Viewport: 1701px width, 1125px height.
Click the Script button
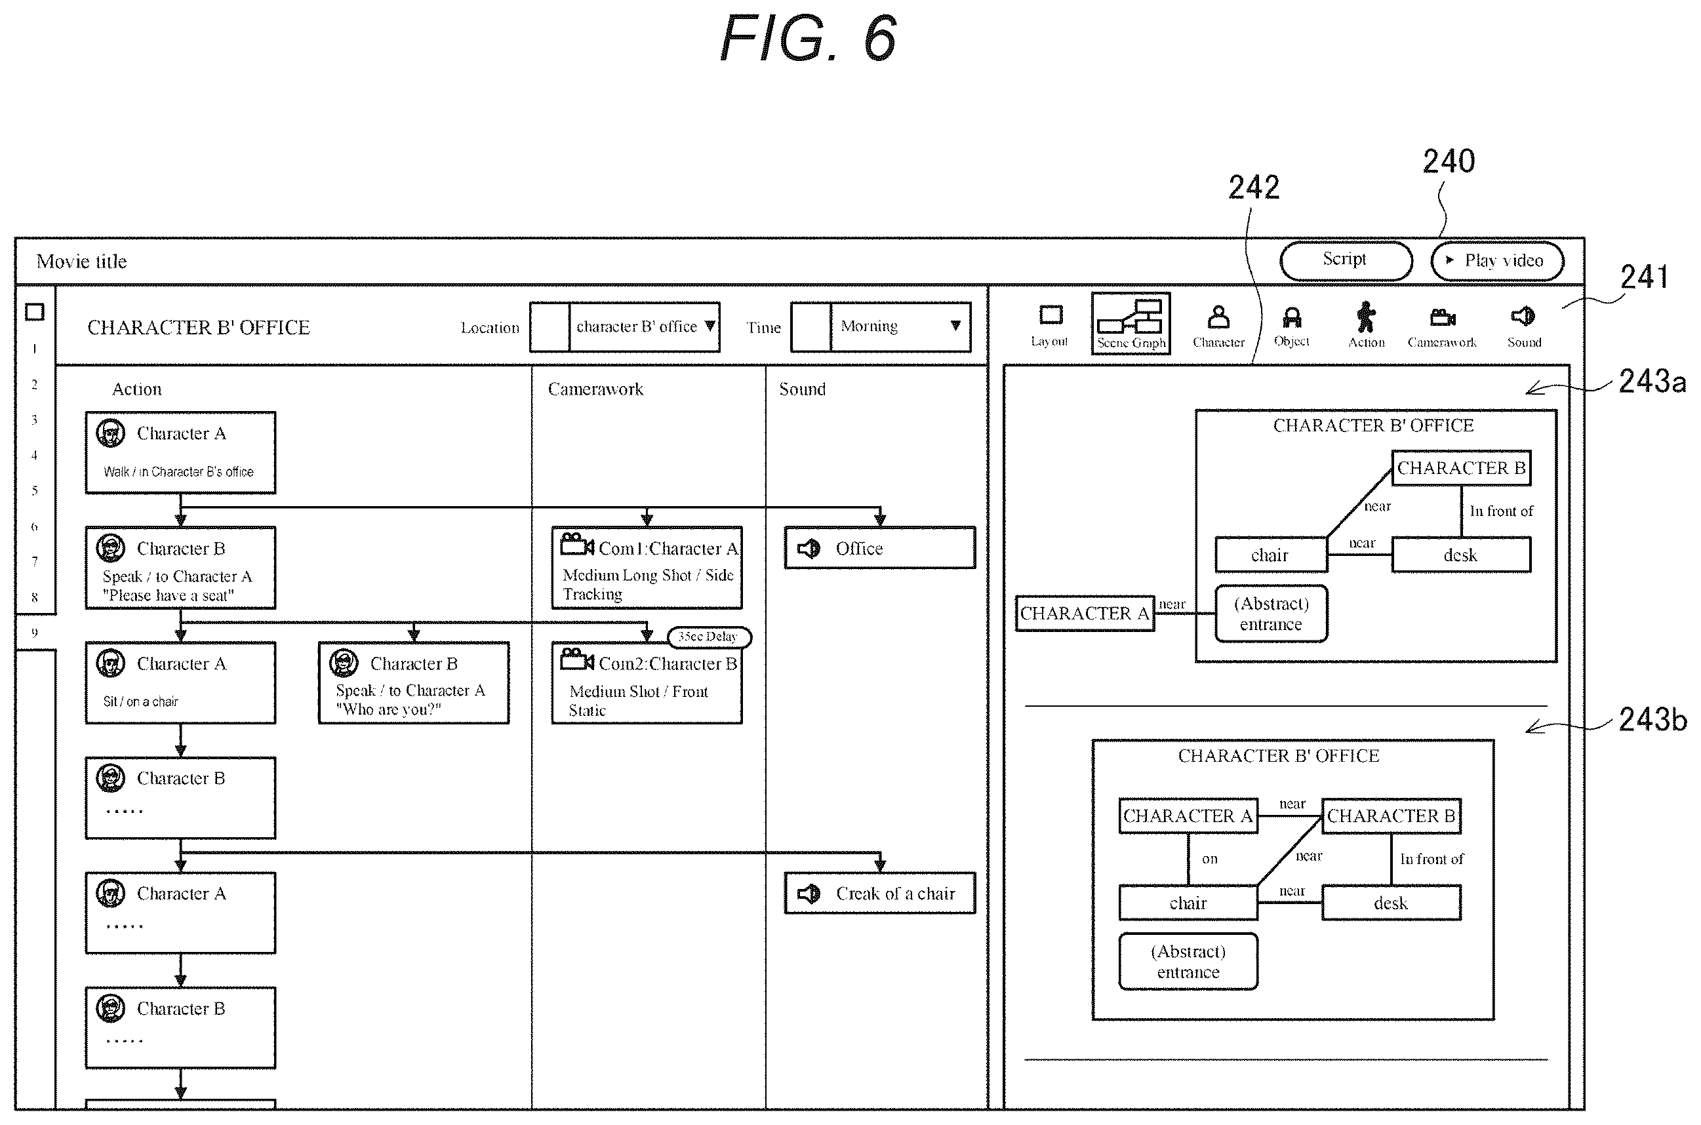click(x=1345, y=260)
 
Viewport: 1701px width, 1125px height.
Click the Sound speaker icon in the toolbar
click(x=1523, y=317)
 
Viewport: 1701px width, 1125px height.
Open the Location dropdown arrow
click(x=710, y=326)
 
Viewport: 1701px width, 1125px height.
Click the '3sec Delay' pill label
click(x=709, y=637)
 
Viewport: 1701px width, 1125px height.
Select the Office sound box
click(x=879, y=548)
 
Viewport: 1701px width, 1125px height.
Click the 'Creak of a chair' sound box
click(x=879, y=894)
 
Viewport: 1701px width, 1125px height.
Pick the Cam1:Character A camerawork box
click(x=647, y=568)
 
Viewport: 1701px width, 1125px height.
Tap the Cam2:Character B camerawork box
click(x=647, y=683)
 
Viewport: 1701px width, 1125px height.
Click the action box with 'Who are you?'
click(x=414, y=683)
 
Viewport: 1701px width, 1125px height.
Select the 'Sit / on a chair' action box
click(x=180, y=683)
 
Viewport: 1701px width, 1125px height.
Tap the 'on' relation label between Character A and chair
click(x=1210, y=859)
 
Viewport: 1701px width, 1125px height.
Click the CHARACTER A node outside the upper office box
click(x=1085, y=614)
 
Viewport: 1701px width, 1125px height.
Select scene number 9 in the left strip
click(x=35, y=633)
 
